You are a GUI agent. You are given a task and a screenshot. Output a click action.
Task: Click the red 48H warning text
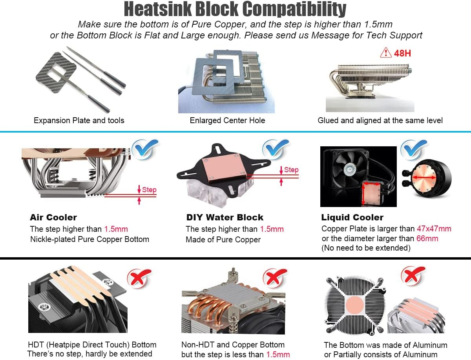pyautogui.click(x=402, y=53)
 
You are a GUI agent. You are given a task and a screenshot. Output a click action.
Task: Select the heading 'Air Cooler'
pyautogui.click(x=53, y=217)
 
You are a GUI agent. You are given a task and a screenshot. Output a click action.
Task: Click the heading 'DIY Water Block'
pyautogui.click(x=225, y=217)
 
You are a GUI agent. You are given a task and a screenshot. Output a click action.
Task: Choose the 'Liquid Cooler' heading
pyautogui.click(x=352, y=217)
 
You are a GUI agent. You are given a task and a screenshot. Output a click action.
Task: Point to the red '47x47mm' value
pyautogui.click(x=434, y=229)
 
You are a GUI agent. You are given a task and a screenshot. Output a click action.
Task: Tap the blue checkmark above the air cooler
pyautogui.click(x=144, y=149)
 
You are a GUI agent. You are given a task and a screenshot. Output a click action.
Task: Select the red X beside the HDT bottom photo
pyautogui.click(x=139, y=278)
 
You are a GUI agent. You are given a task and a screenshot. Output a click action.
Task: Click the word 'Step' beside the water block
pyautogui.click(x=291, y=170)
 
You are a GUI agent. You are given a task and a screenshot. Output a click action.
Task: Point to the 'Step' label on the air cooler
pyautogui.click(x=149, y=190)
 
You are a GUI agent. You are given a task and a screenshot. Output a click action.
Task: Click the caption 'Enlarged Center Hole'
pyautogui.click(x=227, y=120)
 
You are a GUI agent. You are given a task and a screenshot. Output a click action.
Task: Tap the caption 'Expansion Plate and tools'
pyautogui.click(x=79, y=120)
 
